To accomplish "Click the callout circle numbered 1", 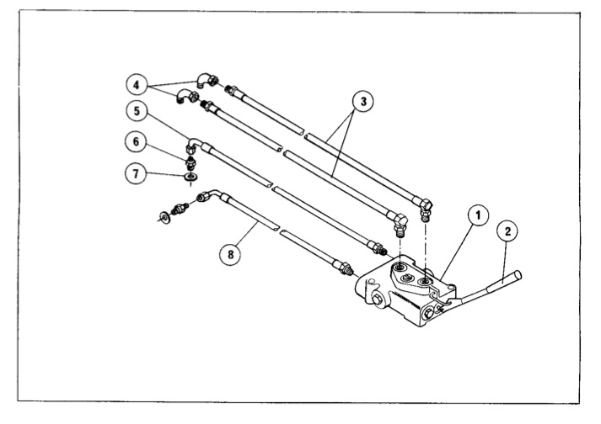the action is pos(478,216).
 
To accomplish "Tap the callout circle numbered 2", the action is pos(507,231).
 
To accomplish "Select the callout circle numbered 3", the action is pos(363,102).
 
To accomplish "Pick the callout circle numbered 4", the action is pos(137,85).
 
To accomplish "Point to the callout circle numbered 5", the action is pos(137,111).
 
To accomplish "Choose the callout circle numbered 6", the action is pos(136,142).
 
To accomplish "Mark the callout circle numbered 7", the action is pos(136,174).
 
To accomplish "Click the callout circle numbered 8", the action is pos(230,254).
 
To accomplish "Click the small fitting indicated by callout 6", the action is pos(190,162).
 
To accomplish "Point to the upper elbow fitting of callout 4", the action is pos(207,80).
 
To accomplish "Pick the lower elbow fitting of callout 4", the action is pos(187,96).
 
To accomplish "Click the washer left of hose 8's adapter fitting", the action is pos(165,217).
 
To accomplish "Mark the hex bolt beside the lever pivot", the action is pos(428,314).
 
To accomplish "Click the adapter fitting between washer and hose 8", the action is pos(180,209).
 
